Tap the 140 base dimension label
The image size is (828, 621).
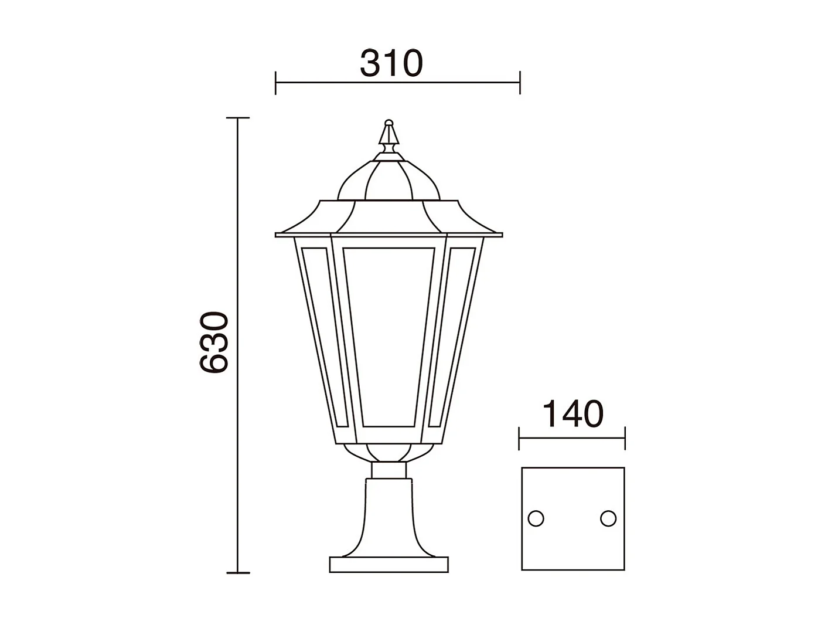point(572,414)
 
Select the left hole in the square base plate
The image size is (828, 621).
point(536,518)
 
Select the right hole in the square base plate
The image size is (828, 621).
point(608,518)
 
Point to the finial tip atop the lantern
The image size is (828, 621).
point(389,124)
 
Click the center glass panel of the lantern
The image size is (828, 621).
point(389,337)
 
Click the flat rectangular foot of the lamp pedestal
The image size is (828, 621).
point(389,565)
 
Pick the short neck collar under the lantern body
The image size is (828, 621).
point(389,470)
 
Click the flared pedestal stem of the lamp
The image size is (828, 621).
point(389,516)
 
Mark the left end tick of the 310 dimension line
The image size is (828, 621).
point(275,83)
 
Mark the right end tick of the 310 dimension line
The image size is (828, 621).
point(519,83)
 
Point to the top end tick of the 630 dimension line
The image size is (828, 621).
point(237,118)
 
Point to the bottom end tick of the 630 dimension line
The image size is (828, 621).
point(237,572)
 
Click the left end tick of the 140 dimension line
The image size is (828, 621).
point(520,438)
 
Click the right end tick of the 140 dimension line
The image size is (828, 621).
point(625,438)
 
